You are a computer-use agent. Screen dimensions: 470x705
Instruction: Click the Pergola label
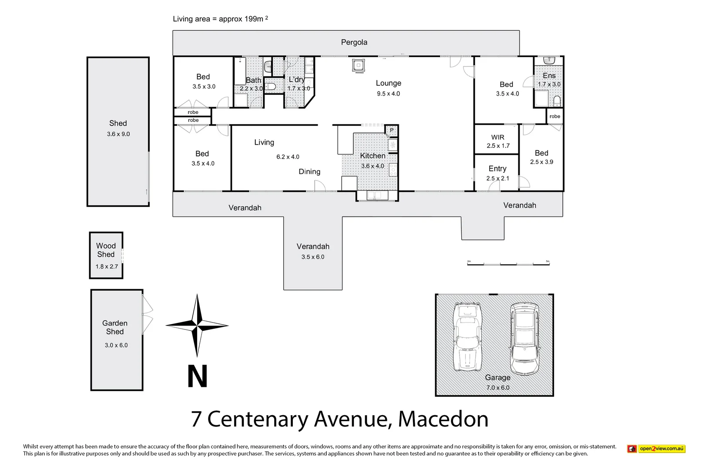[354, 42]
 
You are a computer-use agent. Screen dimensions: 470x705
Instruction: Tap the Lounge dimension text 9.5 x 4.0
[388, 94]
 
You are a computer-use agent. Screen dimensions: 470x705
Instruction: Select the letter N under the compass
[197, 376]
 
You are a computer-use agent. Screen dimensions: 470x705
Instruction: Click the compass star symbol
[197, 325]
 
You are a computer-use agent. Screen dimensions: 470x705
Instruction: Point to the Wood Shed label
[106, 250]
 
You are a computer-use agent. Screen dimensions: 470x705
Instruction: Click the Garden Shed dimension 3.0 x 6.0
[116, 345]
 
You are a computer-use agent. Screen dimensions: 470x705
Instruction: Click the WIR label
[497, 137]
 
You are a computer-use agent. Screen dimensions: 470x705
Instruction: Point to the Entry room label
[497, 168]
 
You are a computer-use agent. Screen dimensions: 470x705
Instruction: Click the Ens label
[549, 76]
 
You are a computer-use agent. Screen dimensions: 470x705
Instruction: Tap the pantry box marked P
[391, 130]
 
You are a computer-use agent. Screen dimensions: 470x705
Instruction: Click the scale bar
[508, 263]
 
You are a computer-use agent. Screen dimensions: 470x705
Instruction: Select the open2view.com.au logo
[656, 449]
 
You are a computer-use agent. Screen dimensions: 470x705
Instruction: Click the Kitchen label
[373, 156]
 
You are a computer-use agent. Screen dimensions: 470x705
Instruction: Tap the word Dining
[309, 171]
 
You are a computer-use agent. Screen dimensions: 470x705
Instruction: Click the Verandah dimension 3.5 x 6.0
[312, 257]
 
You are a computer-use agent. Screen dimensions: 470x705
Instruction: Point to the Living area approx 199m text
[220, 19]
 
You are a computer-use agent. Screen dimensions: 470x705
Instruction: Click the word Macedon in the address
[443, 419]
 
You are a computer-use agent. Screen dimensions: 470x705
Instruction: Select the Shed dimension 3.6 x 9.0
[118, 134]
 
